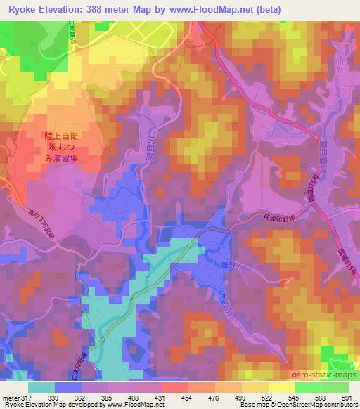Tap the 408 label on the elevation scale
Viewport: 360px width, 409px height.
pyautogui.click(x=136, y=397)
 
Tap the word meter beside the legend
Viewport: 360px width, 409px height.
pyautogui.click(x=10, y=397)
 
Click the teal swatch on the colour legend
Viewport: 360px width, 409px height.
pyautogui.click(x=41, y=387)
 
